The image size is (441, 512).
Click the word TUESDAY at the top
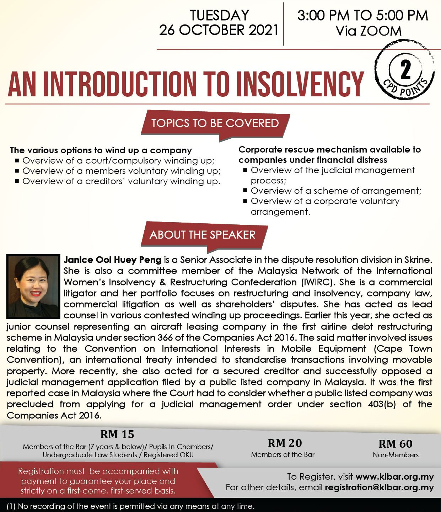coord(219,15)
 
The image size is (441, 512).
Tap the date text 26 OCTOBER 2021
coord(219,30)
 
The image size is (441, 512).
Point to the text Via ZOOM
coord(369,31)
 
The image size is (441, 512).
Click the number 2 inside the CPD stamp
coord(405,70)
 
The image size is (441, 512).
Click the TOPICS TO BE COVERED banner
coord(215,123)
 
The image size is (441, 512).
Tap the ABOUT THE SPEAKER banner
coord(203,235)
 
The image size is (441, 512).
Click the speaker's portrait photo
coord(33,286)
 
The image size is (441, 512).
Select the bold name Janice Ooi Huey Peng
coord(112,260)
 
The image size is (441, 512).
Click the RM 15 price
coord(117,434)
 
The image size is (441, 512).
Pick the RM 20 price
coord(285,443)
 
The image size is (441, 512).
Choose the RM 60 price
coord(396,444)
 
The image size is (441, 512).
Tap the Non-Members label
coord(396,455)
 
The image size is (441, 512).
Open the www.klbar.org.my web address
coord(394,477)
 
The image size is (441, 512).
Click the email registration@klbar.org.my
coord(379,487)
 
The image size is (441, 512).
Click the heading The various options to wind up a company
coord(101,150)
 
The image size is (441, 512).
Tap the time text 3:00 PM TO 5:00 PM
coord(362,16)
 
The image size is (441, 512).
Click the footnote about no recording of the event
coord(130,506)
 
